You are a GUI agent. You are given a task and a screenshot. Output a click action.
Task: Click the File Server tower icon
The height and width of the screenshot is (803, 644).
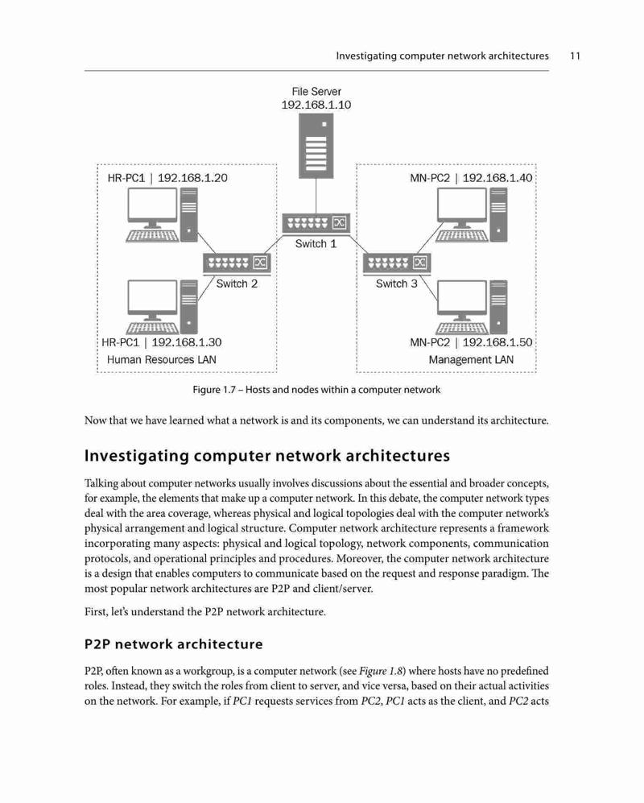tap(316, 146)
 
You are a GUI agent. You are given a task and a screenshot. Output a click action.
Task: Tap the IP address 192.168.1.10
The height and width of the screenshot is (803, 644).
tap(316, 105)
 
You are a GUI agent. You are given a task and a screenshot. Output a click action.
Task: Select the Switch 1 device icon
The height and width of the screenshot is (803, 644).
tap(316, 223)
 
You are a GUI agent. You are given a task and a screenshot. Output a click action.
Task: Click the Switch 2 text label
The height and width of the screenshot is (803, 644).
tap(237, 284)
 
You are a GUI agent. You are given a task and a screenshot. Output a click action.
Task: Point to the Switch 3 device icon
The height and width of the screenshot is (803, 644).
tap(397, 263)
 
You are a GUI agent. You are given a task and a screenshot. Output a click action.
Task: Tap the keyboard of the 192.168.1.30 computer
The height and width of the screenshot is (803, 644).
tap(152, 328)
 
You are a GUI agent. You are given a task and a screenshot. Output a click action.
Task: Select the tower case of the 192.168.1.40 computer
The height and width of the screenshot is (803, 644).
tap(498, 214)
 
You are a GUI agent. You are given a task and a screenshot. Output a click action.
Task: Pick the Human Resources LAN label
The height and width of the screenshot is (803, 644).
tap(161, 359)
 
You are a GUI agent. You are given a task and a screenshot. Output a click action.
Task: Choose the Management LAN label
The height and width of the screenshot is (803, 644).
tap(471, 359)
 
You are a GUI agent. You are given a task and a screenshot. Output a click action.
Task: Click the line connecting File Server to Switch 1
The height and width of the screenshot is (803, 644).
tap(316, 197)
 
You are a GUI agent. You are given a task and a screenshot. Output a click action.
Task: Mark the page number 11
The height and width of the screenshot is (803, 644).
tap(575, 56)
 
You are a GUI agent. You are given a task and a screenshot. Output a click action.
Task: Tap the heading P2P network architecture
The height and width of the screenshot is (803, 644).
tap(174, 644)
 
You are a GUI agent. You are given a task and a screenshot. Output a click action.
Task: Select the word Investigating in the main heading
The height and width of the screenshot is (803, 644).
tap(137, 456)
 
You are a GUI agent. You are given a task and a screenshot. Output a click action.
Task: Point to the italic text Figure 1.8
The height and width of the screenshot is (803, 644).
tap(381, 671)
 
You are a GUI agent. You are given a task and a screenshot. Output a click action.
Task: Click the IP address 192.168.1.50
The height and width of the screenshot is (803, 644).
tap(497, 342)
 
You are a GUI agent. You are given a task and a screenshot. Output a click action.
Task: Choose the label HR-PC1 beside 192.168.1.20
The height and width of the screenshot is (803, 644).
tap(126, 178)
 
